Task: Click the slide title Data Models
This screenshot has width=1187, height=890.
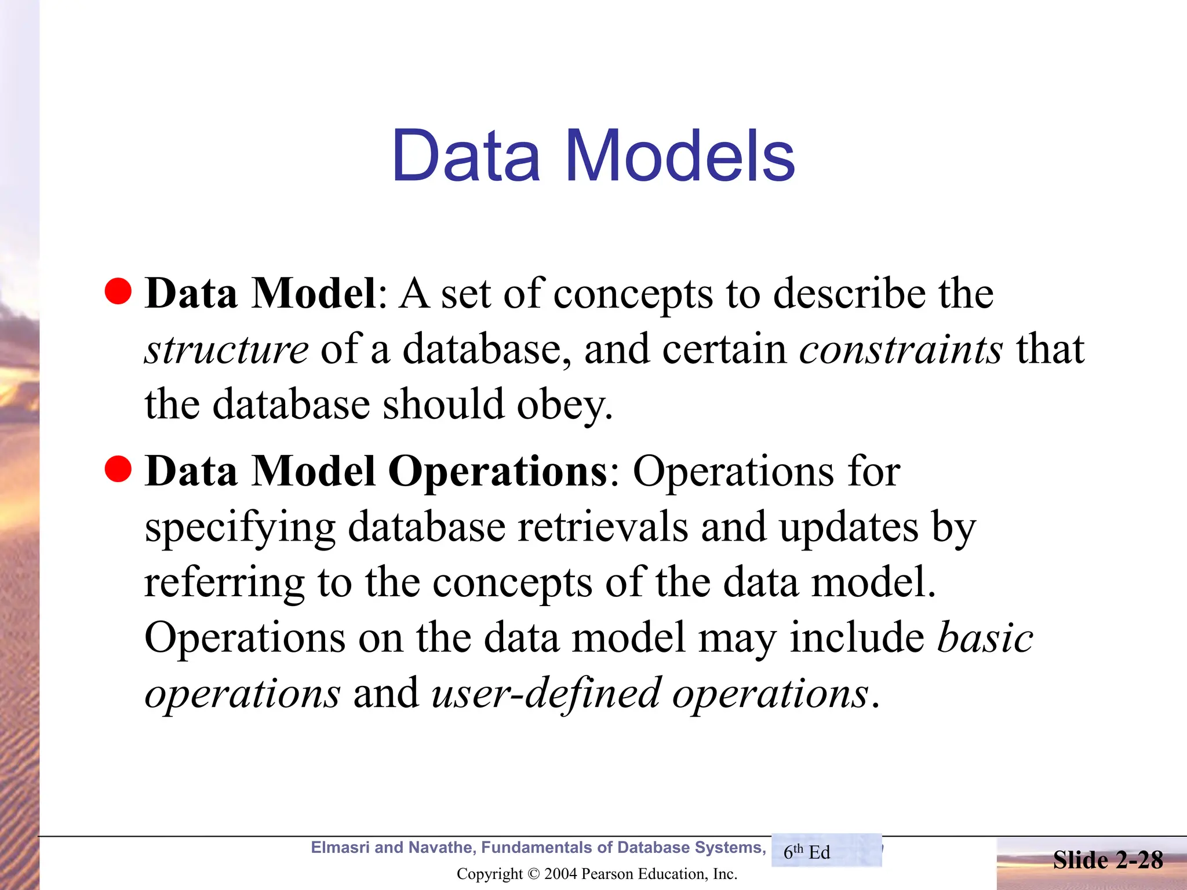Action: click(x=593, y=155)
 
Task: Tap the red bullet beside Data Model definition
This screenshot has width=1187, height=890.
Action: click(x=119, y=291)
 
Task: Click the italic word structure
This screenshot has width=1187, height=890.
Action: click(x=227, y=349)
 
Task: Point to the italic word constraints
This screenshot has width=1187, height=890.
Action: click(x=901, y=349)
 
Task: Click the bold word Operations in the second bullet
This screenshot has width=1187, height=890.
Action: click(x=497, y=470)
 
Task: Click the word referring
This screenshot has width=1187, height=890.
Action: click(x=224, y=583)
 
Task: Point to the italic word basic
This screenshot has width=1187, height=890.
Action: click(x=985, y=637)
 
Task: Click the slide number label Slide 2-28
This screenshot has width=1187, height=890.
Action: click(x=1108, y=860)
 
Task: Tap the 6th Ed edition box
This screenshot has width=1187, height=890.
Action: click(x=826, y=851)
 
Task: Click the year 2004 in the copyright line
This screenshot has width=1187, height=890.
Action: click(x=560, y=874)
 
